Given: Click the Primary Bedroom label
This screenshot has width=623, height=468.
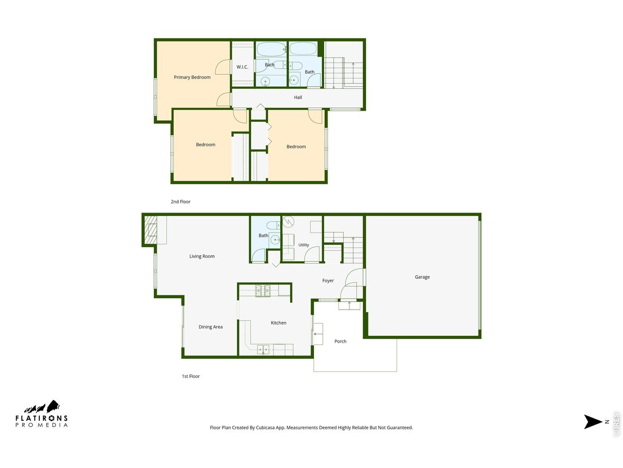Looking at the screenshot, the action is [192, 78].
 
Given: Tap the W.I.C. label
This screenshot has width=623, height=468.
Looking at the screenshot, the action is [242, 67].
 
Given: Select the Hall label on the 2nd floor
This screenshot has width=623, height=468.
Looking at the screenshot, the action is [298, 97].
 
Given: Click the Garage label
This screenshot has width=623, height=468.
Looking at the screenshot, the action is [422, 277].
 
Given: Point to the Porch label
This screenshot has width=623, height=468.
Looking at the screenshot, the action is [340, 342].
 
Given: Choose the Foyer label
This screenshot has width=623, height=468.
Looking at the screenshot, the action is [328, 281].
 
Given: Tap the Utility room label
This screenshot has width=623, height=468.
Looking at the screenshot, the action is [303, 245].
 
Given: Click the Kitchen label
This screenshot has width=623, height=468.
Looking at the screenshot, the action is [278, 323].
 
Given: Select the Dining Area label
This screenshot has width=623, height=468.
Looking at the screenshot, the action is [210, 327].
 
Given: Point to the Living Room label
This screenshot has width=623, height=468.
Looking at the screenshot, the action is [202, 256].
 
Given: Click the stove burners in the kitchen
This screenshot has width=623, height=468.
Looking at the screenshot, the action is [263, 291].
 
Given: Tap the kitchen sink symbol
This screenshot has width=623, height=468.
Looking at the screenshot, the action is [263, 350].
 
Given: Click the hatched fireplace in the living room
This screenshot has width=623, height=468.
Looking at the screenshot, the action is [150, 230].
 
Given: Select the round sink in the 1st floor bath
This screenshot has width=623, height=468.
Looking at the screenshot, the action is [275, 240].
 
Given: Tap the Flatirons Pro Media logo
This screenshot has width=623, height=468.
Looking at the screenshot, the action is [41, 414].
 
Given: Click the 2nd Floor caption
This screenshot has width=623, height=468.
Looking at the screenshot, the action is [181, 202].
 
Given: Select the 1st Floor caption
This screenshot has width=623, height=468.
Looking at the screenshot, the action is [191, 376].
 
